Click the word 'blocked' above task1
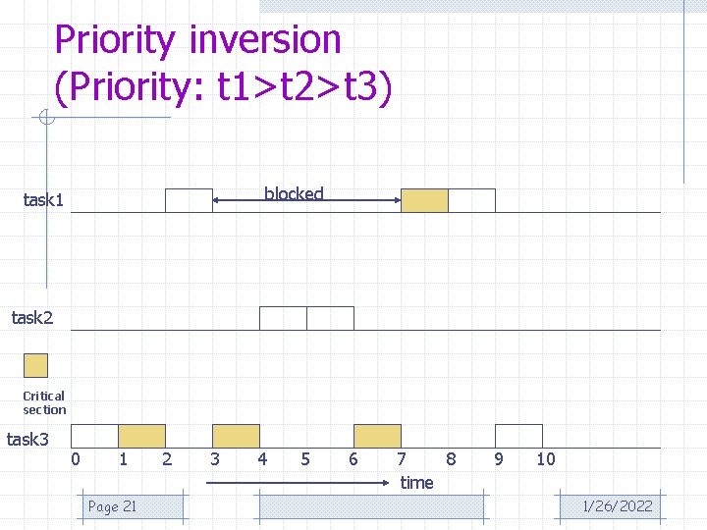click(294, 193)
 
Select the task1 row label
click(43, 200)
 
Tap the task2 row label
click(31, 317)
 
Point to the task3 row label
click(27, 439)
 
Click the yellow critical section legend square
click(35, 365)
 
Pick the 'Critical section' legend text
click(44, 402)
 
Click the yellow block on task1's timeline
click(424, 200)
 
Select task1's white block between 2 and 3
click(189, 200)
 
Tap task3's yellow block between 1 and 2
click(141, 436)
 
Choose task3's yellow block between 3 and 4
click(236, 436)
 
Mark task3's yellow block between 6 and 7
click(377, 436)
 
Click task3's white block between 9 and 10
click(518, 436)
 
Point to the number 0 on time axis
click(76, 458)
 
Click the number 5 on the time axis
click(305, 458)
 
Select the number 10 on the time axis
click(545, 458)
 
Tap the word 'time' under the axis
click(416, 482)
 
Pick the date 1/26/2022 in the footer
click(617, 506)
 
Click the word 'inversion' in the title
click(264, 40)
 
